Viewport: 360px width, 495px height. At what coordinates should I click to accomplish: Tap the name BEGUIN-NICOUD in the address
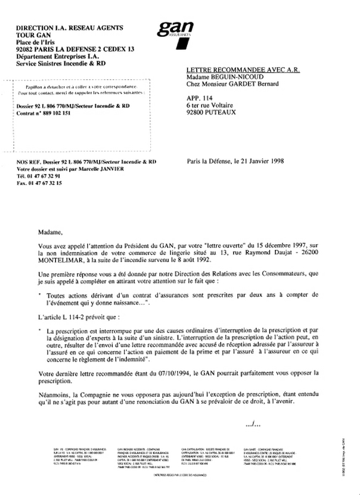pyautogui.click(x=244, y=77)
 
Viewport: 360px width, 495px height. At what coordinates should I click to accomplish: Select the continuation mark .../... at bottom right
pyautogui.click(x=253, y=424)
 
